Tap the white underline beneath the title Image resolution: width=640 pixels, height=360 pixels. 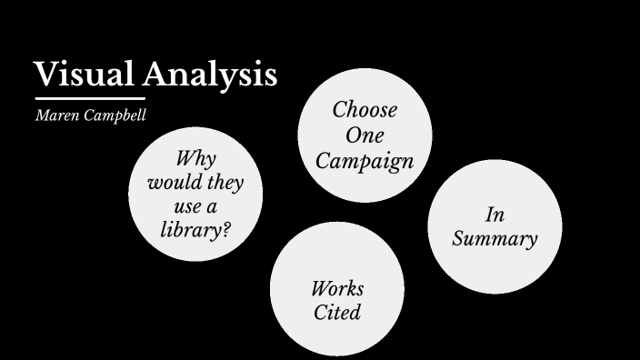pos(90,97)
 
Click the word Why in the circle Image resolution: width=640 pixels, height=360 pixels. pos(195,159)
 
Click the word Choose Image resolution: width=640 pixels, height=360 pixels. pos(365,110)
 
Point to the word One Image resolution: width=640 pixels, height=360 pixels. pos(365,135)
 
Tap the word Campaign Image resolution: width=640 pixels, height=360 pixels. pos(365,162)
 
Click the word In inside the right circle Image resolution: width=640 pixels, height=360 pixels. pos(495,215)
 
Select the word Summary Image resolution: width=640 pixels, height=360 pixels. pos(495,239)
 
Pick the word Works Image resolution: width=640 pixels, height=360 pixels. pos(337,289)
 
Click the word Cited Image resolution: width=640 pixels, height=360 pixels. pos(337,313)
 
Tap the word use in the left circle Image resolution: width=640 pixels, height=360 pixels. pos(187,206)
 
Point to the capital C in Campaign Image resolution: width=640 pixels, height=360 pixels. pos(323,162)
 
